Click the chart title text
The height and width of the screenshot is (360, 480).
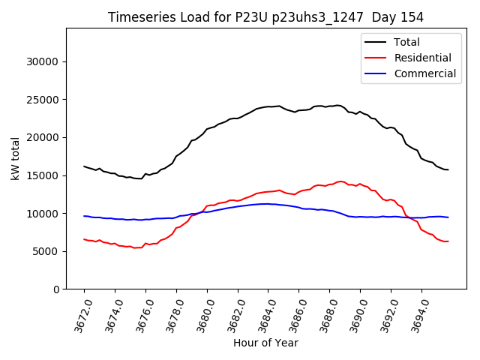click(265, 17)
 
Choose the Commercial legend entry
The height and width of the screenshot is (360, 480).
click(424, 73)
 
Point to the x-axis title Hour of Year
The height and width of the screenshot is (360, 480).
click(265, 343)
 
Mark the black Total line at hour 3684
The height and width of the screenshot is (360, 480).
click(268, 106)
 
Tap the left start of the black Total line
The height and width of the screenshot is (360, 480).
click(84, 166)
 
